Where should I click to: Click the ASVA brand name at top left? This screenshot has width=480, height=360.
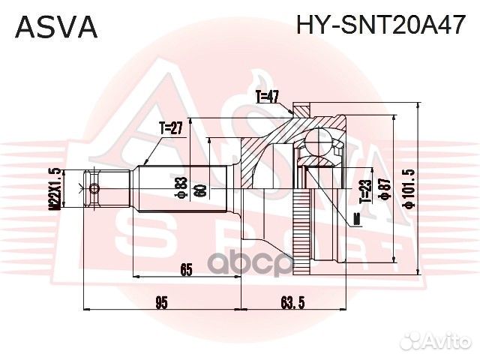57,26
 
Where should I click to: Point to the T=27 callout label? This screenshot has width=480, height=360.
172,128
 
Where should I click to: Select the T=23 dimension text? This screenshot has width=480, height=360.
365,191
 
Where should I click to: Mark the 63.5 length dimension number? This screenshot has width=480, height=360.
289,302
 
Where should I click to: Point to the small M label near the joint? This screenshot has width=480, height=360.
355,218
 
